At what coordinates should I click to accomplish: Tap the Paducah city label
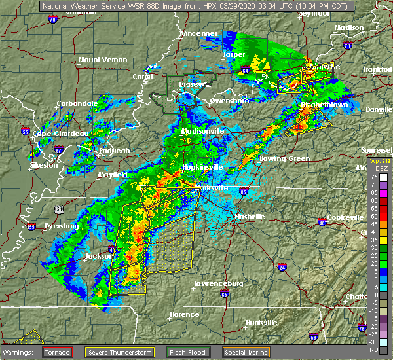(x=115, y=151)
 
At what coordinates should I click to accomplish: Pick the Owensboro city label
(x=229, y=101)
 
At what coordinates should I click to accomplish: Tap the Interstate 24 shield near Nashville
(x=281, y=267)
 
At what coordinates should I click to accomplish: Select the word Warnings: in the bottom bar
(x=20, y=352)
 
